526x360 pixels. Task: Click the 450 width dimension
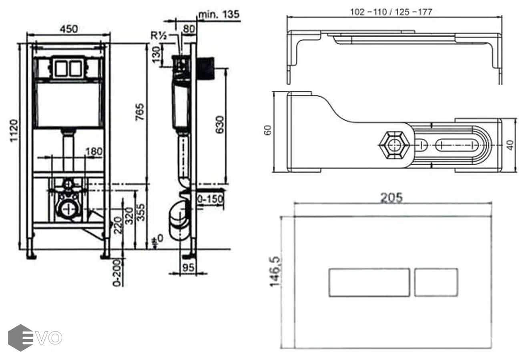click(69, 29)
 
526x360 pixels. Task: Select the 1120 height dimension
click(14, 130)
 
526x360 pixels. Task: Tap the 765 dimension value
click(140, 112)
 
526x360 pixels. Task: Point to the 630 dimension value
click(220, 125)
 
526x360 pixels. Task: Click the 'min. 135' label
click(219, 14)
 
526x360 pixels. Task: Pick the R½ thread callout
click(159, 36)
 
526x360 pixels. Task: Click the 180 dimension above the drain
click(94, 151)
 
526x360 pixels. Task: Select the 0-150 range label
click(209, 200)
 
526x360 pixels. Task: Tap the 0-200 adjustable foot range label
click(117, 273)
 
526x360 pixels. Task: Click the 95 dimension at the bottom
click(189, 268)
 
